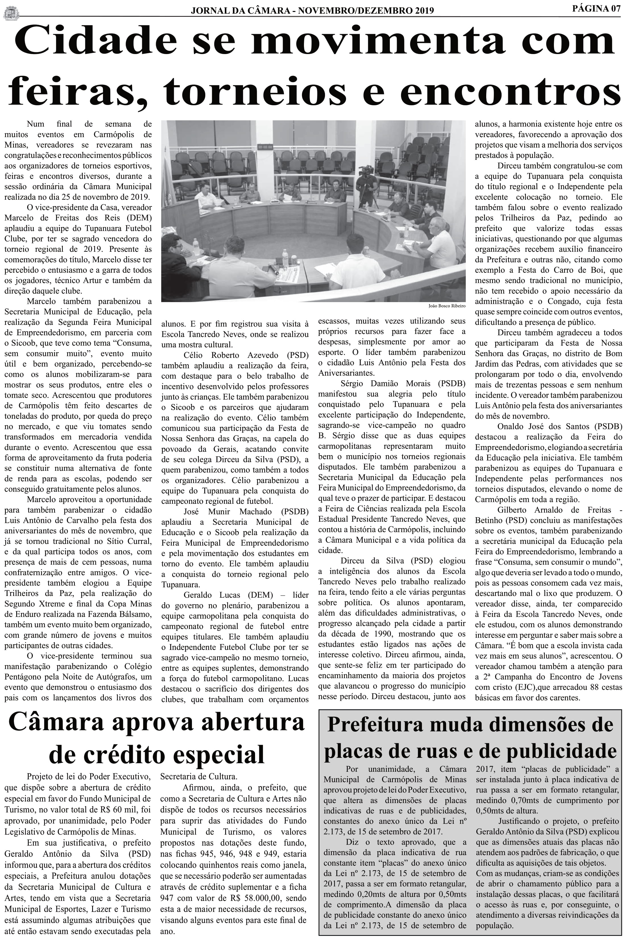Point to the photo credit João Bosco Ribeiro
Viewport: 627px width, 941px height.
click(x=447, y=306)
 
